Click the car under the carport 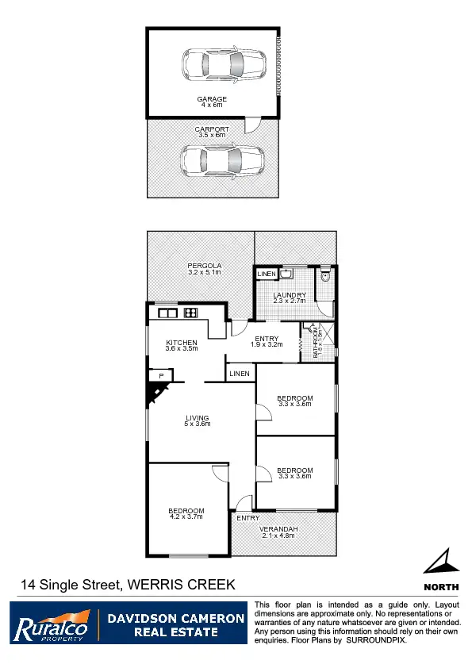click(x=221, y=160)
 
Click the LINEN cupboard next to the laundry click(x=267, y=274)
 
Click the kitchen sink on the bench click(x=168, y=313)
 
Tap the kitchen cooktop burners click(x=190, y=313)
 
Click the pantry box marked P click(x=161, y=375)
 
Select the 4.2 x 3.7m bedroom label click(x=186, y=513)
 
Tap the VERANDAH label click(x=278, y=532)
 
